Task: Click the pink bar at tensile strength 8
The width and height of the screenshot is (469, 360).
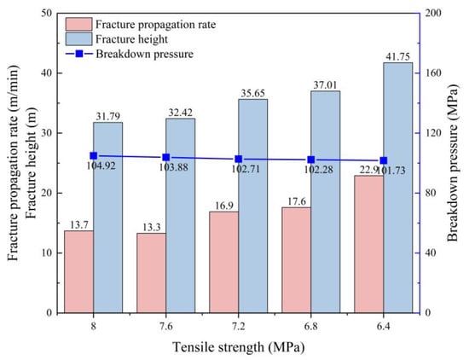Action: coord(79,272)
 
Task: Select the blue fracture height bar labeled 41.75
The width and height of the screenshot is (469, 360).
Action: coord(398,188)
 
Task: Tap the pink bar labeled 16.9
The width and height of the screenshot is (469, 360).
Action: coord(223,262)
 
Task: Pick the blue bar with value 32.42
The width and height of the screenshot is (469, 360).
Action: coord(181,216)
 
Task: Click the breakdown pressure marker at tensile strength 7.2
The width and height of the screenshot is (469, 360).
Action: coord(239,159)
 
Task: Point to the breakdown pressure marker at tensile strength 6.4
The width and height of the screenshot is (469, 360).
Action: coord(384,160)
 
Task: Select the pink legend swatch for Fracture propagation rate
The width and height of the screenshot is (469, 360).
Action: coord(78,24)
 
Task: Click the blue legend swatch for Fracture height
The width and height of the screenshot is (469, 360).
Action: coord(78,39)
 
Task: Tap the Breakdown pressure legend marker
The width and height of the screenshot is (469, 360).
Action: coord(79,54)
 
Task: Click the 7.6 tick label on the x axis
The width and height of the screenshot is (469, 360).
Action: coord(166,326)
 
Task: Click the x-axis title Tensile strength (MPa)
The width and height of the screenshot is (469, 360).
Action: coord(239,347)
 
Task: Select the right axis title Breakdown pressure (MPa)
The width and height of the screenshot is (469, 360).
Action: coord(454,162)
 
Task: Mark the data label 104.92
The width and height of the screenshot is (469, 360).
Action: coord(101,165)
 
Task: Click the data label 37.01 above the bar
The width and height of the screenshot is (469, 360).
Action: coord(325,85)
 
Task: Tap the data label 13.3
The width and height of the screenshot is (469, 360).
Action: coord(151,228)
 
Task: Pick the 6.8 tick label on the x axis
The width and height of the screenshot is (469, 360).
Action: coord(311,326)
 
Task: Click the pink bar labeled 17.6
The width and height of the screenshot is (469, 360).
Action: coord(297,260)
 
